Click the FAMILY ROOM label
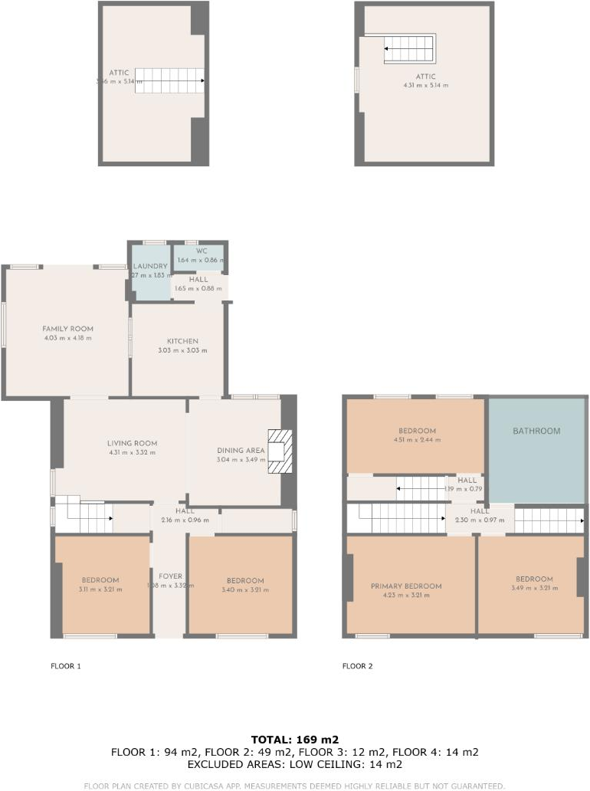click(x=67, y=328)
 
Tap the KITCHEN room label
click(x=182, y=341)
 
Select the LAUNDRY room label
click(x=149, y=266)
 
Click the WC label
click(x=202, y=251)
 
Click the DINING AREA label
click(x=241, y=450)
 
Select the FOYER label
click(x=170, y=576)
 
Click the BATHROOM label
click(x=536, y=431)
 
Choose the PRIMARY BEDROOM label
click(x=406, y=586)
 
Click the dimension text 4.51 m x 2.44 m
click(x=417, y=440)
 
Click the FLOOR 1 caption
click(x=65, y=666)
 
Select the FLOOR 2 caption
click(x=357, y=666)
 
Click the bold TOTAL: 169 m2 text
click(x=295, y=740)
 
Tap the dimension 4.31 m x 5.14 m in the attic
click(x=426, y=85)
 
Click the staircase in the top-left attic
click(x=169, y=80)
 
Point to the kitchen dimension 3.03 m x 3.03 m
click(x=182, y=350)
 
